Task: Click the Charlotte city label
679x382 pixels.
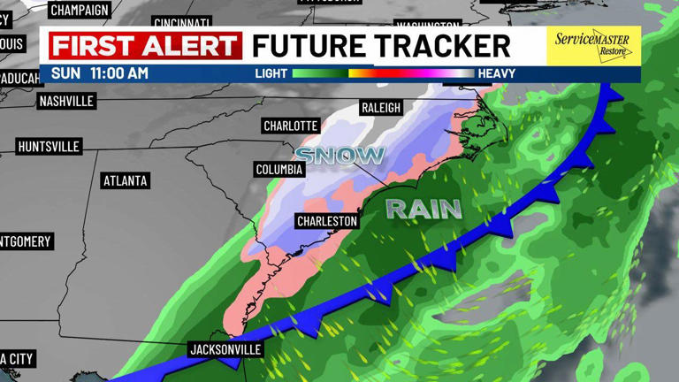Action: [291, 126]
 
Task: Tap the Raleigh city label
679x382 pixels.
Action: [381, 108]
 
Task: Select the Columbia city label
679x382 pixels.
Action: [279, 169]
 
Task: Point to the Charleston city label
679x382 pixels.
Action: [327, 220]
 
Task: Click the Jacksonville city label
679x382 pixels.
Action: [225, 349]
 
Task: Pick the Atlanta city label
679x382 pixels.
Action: [126, 180]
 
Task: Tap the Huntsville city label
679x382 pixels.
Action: [49, 146]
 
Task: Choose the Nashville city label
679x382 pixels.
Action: [66, 101]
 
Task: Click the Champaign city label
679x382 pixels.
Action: [80, 10]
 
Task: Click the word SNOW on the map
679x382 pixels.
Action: [339, 157]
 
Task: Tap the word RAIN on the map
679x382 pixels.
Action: [424, 209]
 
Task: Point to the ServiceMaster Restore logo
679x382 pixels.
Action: [593, 46]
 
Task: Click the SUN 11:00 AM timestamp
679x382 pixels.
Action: [99, 73]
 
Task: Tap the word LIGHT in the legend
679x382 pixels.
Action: [271, 73]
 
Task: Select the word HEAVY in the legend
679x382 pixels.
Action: [496, 73]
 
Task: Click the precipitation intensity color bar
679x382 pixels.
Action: [383, 73]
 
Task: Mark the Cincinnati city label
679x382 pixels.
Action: [182, 21]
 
